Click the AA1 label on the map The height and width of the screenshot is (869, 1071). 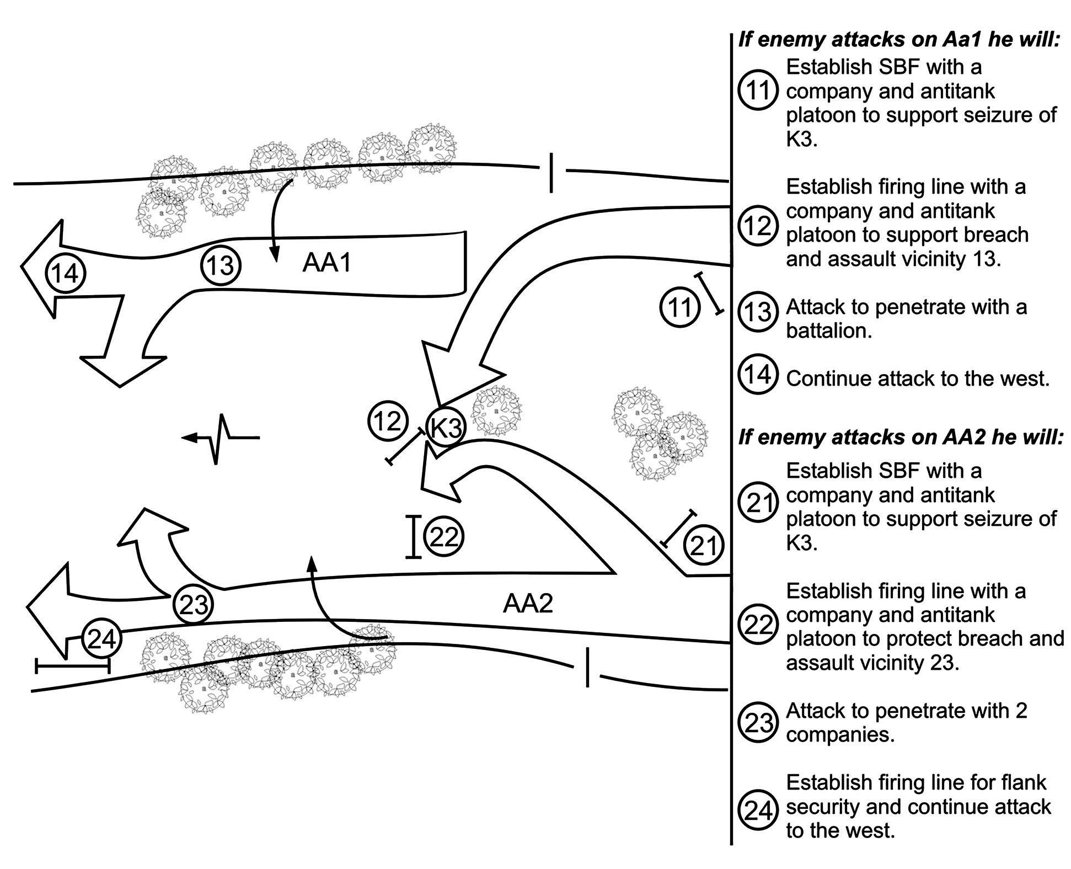326,263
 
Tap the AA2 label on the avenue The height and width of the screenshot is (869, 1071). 527,604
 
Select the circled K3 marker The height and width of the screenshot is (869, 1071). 446,427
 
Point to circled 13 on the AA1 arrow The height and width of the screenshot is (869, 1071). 220,265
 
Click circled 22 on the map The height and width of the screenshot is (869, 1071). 443,536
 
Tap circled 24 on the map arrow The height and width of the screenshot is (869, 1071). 101,639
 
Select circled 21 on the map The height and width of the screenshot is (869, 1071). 703,545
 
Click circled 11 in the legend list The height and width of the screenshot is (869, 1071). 757,90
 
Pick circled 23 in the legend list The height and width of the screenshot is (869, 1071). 757,722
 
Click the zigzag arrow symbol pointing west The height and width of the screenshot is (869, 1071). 221,439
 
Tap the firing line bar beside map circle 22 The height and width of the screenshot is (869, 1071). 414,537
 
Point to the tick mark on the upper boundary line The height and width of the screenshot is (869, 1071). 551,173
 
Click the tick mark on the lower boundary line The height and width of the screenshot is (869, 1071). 588,668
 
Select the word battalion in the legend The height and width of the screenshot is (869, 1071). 828,331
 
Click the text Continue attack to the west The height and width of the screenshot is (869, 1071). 917,378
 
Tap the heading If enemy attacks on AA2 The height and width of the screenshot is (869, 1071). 900,438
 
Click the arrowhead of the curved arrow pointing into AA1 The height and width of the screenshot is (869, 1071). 274,256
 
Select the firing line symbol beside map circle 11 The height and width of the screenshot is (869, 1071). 709,294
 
